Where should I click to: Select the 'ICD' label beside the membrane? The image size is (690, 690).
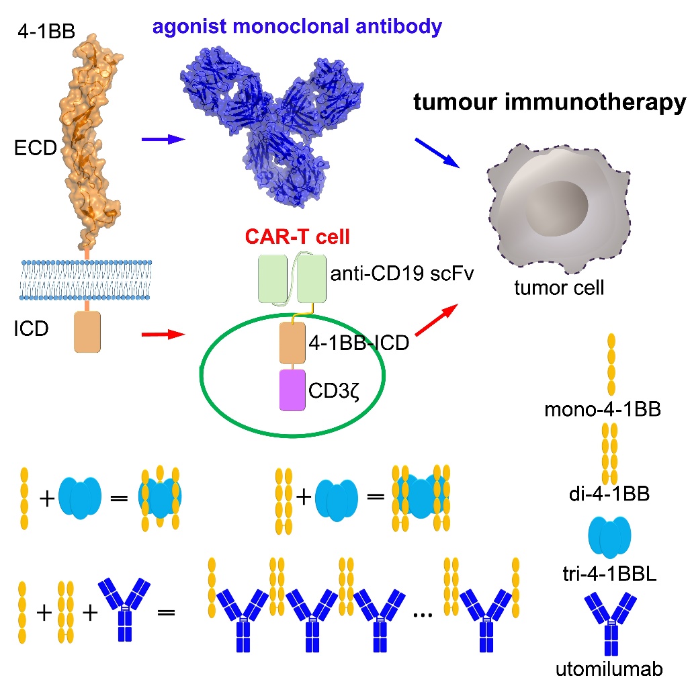point(32,330)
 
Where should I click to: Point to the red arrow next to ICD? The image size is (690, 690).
point(163,333)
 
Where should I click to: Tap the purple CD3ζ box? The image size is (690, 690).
point(293,390)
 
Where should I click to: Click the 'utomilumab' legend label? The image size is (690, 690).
point(609,669)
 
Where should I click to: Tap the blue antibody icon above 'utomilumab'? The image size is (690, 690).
point(610,624)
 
